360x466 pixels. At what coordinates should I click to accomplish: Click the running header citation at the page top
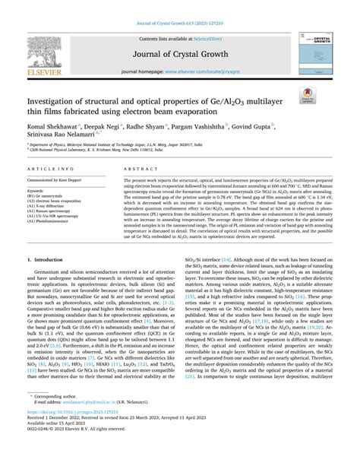[x=180, y=7]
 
